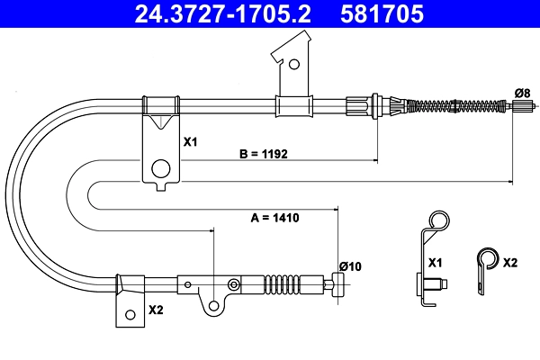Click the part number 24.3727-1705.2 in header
click(223, 13)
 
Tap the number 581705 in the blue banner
click(382, 13)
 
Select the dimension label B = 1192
click(264, 154)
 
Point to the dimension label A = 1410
click(274, 218)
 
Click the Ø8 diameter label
click(522, 93)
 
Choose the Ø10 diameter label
click(350, 266)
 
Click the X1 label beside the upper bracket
click(190, 141)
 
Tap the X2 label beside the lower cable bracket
click(156, 310)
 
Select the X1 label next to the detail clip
click(435, 263)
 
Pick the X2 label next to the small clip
click(510, 263)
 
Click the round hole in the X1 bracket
click(161, 168)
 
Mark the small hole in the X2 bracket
click(130, 314)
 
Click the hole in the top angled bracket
click(294, 64)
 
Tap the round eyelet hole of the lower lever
click(214, 306)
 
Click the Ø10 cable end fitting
click(337, 284)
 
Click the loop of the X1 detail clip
click(439, 220)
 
